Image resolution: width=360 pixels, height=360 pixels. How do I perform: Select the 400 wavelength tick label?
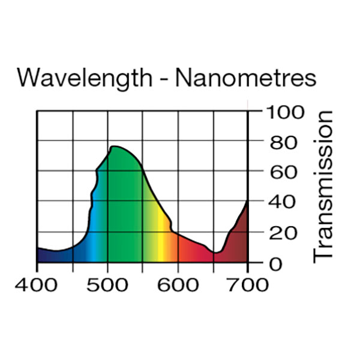pos(37,283)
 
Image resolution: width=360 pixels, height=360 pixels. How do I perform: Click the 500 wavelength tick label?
pos(107,283)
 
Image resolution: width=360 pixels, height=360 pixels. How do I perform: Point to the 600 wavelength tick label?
pos(178,283)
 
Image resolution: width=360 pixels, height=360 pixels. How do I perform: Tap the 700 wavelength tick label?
pos(248,283)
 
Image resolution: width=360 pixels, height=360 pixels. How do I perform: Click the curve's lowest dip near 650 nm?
pos(215,253)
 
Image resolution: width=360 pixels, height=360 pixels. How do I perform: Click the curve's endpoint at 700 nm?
pos(247,202)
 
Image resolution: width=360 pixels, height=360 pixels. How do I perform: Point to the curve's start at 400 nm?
pos(38,248)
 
